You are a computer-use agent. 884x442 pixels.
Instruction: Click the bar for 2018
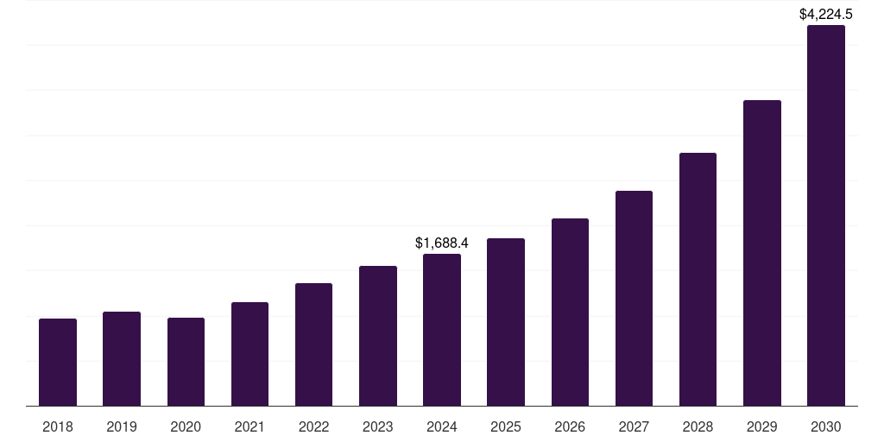58,362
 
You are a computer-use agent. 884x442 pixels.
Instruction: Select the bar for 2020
186,362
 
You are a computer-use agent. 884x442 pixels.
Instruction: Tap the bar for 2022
313,344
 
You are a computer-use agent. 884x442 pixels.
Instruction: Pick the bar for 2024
442,330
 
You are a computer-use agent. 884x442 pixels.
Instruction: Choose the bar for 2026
570,312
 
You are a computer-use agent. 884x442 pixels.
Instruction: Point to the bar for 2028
698,279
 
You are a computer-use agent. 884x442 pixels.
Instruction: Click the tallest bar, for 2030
826,216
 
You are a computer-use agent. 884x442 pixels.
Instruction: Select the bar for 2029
762,253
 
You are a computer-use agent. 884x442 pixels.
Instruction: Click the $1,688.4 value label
442,243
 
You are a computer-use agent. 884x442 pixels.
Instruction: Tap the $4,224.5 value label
826,14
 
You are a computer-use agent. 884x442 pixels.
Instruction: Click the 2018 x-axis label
58,426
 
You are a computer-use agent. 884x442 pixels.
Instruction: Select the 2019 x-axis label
122,426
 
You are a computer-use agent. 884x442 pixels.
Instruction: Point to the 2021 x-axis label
249,426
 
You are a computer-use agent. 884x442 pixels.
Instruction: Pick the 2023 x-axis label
377,426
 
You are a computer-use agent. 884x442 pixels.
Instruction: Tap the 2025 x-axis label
506,426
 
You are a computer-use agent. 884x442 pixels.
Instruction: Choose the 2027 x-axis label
634,426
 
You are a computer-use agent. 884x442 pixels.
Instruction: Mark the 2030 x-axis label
826,426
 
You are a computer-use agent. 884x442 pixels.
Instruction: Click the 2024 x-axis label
442,426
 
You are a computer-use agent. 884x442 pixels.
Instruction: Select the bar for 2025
506,322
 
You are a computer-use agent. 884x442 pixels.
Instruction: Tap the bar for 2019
122,358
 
